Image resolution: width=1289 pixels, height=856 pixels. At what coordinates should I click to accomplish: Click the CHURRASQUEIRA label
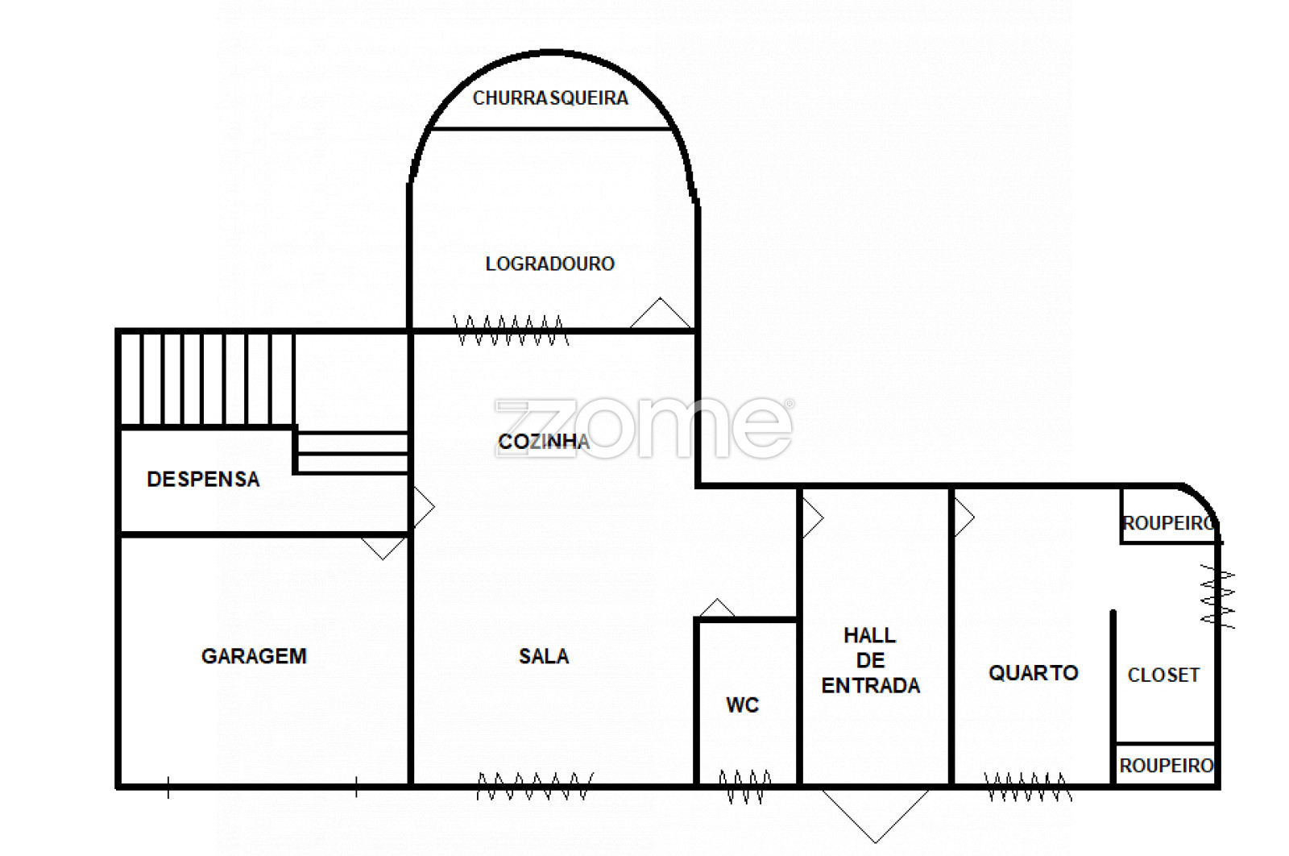click(x=550, y=98)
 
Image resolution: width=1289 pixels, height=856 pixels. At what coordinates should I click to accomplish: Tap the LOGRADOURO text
click(x=550, y=264)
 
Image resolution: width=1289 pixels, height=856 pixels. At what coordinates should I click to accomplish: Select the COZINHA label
click(x=544, y=442)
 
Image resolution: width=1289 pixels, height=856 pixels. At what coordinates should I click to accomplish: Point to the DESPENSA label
click(x=203, y=479)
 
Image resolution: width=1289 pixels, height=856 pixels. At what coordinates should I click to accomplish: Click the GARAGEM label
click(x=254, y=655)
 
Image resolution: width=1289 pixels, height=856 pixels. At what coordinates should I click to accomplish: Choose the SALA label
click(x=544, y=656)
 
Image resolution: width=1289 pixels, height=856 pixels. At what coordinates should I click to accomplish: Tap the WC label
click(x=742, y=704)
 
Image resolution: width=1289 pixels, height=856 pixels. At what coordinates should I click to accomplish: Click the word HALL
click(x=869, y=635)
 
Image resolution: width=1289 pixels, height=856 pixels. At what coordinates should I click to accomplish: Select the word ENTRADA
click(x=871, y=686)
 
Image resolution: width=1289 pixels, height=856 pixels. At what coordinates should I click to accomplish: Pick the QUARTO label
click(x=1034, y=672)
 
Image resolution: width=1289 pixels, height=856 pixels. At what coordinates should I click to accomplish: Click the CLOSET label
click(x=1163, y=675)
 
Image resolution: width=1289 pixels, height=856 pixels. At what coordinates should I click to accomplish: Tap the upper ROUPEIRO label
click(x=1169, y=522)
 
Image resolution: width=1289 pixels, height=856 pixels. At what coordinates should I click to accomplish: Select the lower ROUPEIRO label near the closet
click(x=1167, y=766)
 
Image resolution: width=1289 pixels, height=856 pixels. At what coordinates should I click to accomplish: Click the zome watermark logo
click(x=644, y=428)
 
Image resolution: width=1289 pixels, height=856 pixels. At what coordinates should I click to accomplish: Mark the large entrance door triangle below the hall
click(x=875, y=816)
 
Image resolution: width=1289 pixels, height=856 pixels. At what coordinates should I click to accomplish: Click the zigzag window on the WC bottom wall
click(x=745, y=787)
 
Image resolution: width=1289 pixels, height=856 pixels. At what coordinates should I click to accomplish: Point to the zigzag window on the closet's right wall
click(x=1217, y=596)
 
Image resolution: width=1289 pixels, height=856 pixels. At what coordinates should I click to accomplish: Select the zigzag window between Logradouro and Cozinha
click(x=511, y=330)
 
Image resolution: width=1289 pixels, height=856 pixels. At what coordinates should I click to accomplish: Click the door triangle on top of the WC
click(x=717, y=608)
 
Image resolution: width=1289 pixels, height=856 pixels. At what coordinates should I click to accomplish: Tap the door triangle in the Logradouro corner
click(x=660, y=314)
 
